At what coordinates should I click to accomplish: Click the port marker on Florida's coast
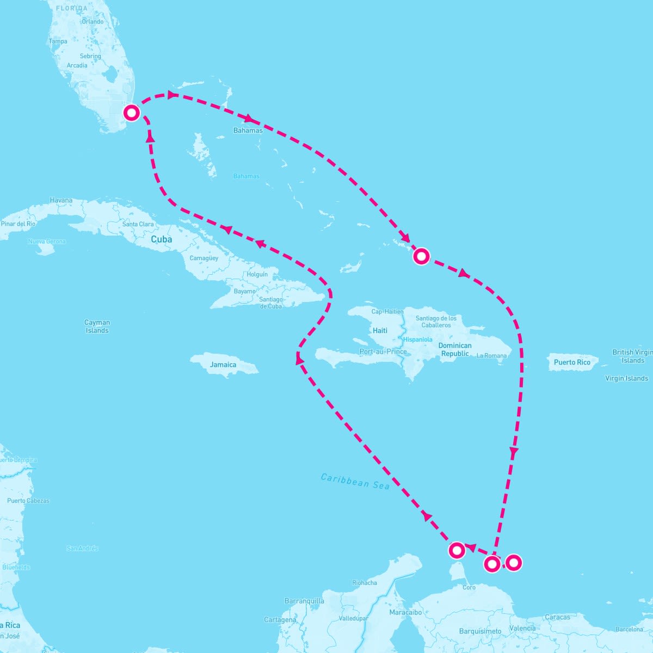[132, 113]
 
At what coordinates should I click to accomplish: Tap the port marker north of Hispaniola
[421, 256]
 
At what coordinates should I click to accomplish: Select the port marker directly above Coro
[457, 550]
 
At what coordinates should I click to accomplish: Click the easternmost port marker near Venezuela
[513, 562]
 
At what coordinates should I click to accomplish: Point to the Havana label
[61, 200]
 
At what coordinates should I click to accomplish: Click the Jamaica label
[223, 365]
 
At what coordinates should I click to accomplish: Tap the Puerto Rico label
[572, 362]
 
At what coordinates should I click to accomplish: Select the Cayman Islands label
[97, 326]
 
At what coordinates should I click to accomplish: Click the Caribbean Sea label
[355, 482]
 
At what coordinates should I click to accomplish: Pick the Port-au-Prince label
[383, 352]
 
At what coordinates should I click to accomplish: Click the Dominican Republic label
[455, 349]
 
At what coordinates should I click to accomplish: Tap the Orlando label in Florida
[93, 22]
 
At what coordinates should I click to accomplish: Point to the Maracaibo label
[405, 612]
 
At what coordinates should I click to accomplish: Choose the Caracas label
[558, 617]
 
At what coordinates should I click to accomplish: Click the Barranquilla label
[304, 601]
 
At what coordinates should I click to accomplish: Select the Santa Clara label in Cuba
[138, 224]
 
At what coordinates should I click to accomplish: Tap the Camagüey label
[204, 258]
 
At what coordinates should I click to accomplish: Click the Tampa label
[58, 41]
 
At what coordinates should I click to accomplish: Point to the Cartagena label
[280, 620]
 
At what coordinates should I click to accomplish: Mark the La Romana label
[491, 356]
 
